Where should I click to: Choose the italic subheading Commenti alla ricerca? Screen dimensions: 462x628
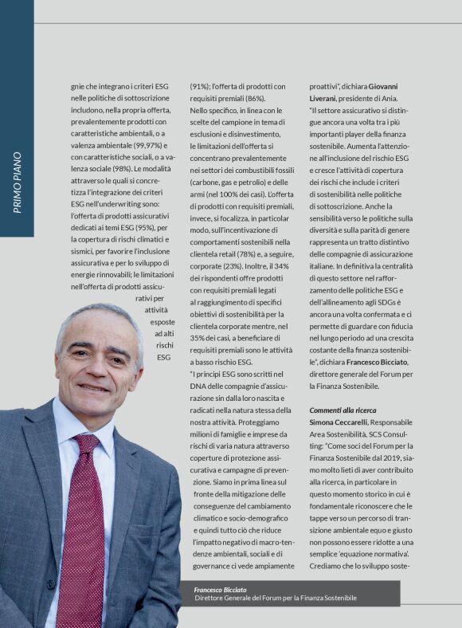[343, 410]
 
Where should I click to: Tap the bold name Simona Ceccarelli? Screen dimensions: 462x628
[339, 422]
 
